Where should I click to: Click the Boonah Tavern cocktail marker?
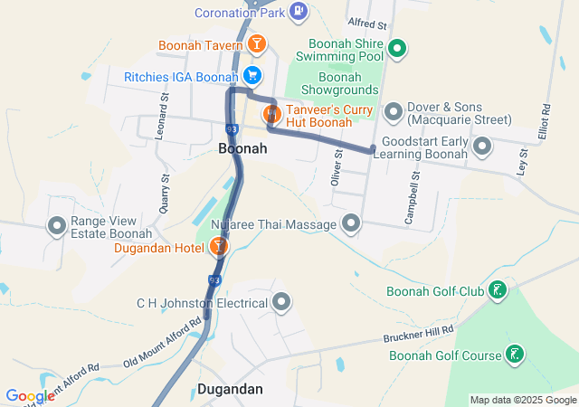[x=257, y=44]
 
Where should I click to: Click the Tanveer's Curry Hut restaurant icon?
[x=270, y=115]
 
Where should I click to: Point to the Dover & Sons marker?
[x=394, y=112]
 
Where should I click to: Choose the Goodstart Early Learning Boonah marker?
[x=483, y=145]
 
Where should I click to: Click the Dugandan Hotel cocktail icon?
[x=218, y=246]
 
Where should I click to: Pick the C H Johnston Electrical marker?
[x=281, y=302]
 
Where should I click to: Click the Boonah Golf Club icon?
[x=497, y=290]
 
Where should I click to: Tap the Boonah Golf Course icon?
[x=515, y=355]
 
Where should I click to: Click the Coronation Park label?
[x=240, y=13]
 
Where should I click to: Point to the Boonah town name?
[x=242, y=147]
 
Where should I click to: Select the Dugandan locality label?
[x=230, y=390]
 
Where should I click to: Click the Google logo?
[x=30, y=396]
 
